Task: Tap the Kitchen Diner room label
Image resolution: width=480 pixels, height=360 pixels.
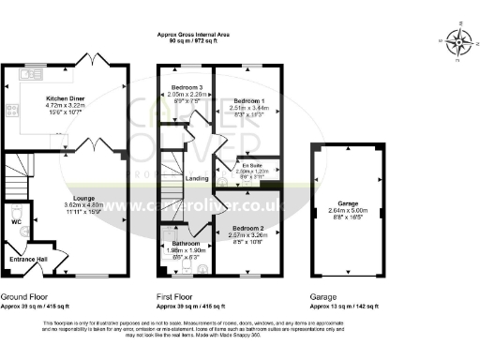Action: click(65, 97)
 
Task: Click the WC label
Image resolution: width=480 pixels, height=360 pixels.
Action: click(16, 222)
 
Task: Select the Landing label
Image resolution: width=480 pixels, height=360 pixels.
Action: click(198, 178)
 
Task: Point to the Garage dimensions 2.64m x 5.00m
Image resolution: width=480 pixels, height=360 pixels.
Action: click(349, 210)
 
